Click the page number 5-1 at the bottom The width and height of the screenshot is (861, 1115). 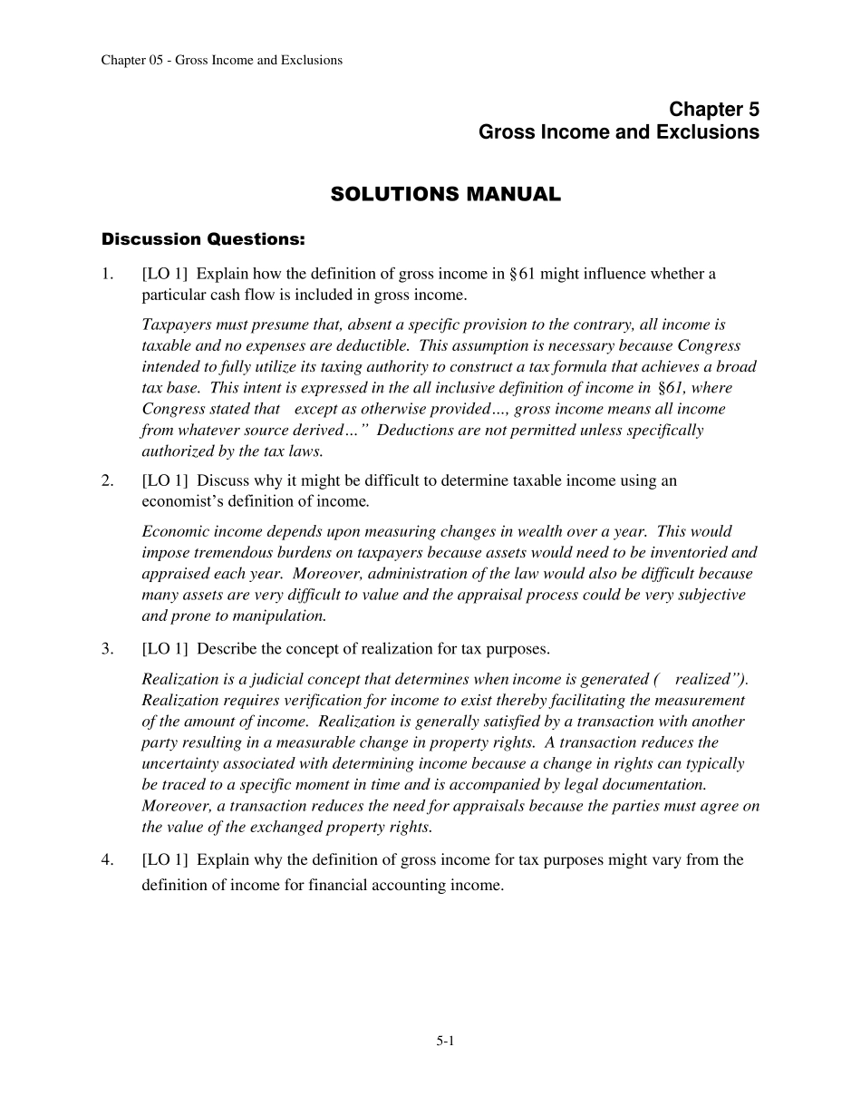[x=444, y=1042]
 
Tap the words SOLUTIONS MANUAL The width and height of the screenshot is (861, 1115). [x=445, y=195]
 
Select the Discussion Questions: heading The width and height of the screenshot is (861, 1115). [x=203, y=240]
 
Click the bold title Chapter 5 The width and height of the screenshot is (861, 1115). [x=714, y=110]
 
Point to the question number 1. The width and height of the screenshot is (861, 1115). [x=107, y=274]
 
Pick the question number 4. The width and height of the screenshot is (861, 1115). [x=107, y=859]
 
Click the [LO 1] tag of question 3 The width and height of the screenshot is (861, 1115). [x=165, y=649]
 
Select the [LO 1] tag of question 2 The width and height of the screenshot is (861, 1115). [x=165, y=480]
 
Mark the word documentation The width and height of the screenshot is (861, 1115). [x=659, y=785]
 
